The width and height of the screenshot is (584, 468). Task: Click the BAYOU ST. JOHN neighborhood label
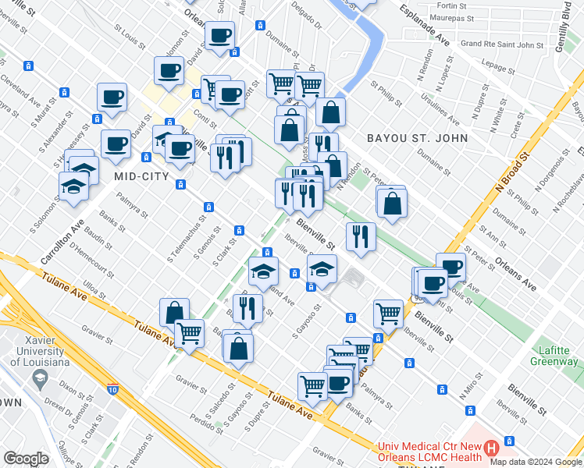point(418,138)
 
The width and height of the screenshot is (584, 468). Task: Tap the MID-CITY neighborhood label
point(141,177)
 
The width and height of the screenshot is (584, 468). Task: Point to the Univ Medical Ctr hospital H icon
point(491,448)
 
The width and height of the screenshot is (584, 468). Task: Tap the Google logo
point(26,459)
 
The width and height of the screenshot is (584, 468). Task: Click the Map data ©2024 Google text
point(536,461)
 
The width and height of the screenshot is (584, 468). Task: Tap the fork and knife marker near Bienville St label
point(360,236)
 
